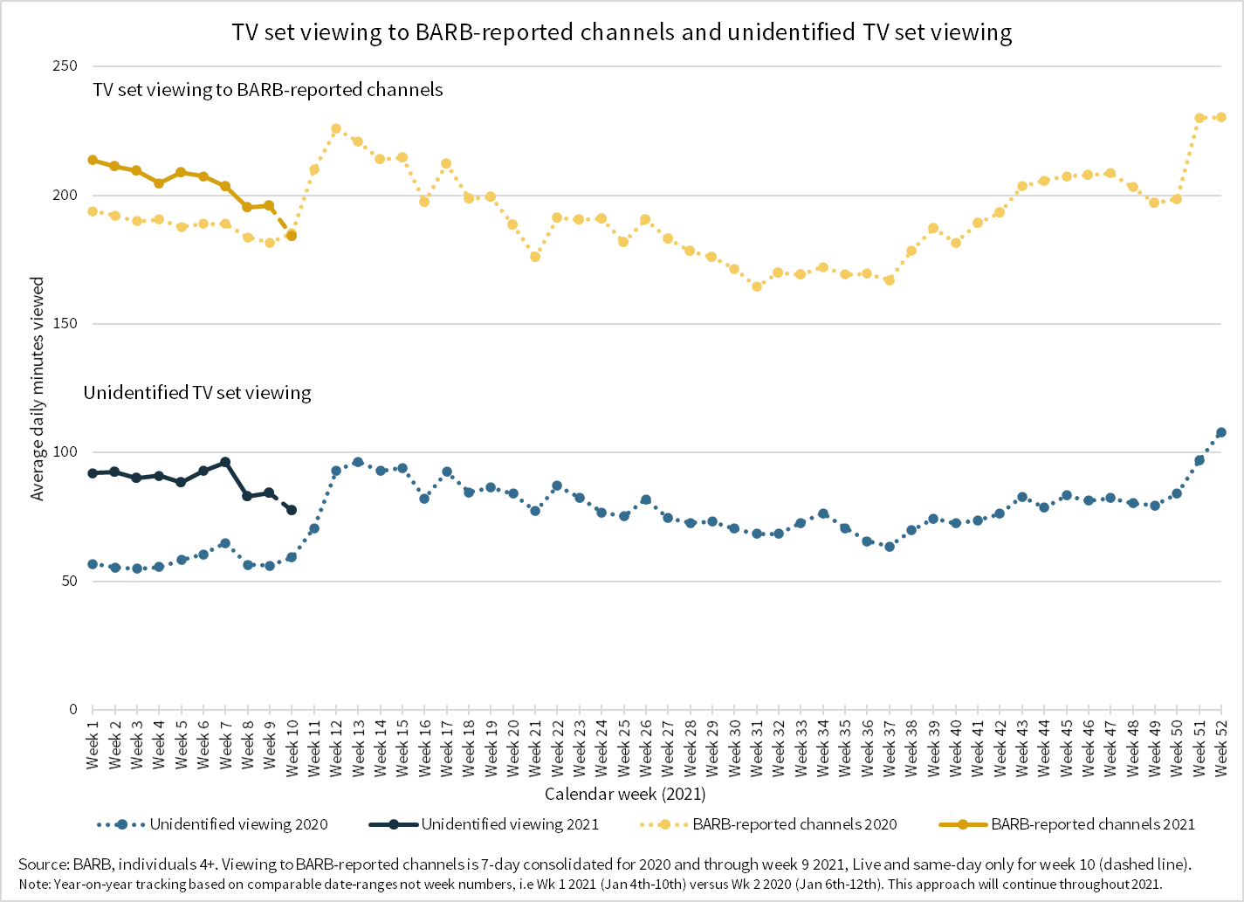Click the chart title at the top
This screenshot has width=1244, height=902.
coord(622,32)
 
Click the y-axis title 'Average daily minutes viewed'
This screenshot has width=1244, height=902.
coord(38,389)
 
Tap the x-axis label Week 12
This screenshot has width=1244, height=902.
coord(336,748)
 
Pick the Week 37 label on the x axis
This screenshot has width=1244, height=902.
coord(890,748)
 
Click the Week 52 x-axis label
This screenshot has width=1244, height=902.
coord(1222,748)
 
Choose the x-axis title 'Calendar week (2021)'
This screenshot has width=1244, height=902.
coord(625,794)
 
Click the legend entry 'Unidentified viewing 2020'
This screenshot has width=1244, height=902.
coord(238,824)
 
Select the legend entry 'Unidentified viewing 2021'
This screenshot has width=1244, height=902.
coord(510,824)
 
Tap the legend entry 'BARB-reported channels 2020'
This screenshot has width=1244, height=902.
coord(794,824)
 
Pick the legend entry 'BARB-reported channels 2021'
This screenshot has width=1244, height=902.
coord(1093,824)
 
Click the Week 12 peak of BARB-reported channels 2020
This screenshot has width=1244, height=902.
coord(336,128)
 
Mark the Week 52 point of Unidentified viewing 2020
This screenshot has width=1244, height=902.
coord(1221,432)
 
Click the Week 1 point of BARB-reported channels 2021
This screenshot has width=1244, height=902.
coord(93,160)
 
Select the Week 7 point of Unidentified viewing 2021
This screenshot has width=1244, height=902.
coord(225,462)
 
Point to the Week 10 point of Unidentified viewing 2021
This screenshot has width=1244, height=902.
coord(292,510)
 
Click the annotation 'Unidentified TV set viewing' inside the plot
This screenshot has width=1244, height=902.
coord(197,393)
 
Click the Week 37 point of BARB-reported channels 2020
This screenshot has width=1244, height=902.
coord(890,280)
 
